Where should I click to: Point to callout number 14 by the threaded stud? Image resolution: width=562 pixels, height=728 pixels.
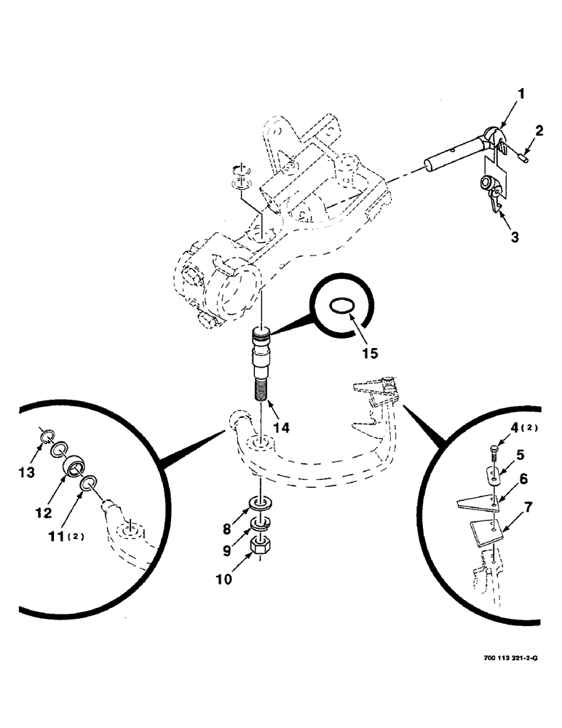tap(282, 428)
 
